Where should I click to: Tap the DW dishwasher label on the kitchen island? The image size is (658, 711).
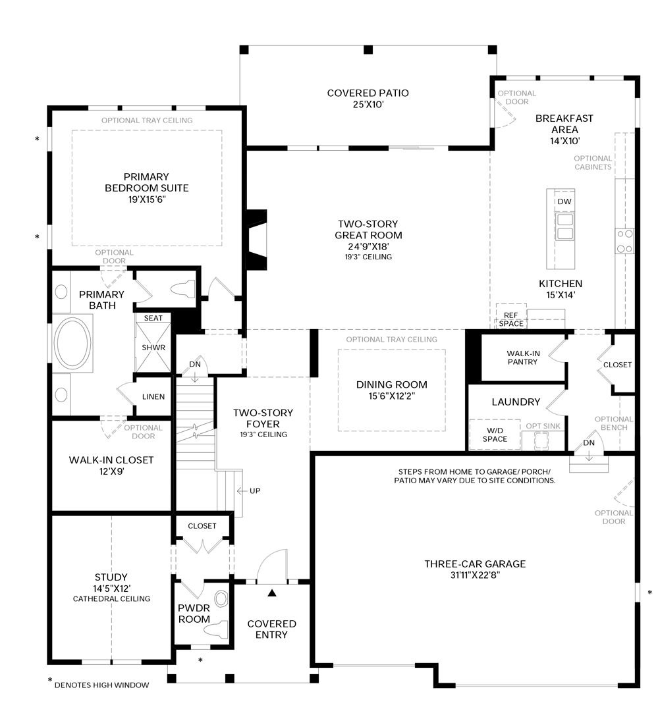click(x=564, y=201)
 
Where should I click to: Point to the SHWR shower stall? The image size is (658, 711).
click(x=153, y=348)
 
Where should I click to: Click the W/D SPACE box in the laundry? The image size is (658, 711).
click(x=495, y=434)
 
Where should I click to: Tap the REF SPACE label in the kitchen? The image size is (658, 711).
click(x=511, y=319)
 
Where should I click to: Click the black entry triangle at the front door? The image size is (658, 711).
click(x=271, y=592)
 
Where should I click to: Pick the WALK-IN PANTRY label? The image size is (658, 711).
click(x=523, y=357)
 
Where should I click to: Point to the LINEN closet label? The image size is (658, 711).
click(x=153, y=396)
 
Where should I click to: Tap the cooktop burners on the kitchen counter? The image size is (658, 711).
click(x=624, y=240)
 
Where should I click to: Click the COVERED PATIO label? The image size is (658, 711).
click(x=368, y=93)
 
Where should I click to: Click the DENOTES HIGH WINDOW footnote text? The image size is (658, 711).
click(x=101, y=685)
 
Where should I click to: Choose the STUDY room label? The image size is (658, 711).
click(x=111, y=577)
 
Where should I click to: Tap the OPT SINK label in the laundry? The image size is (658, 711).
click(x=543, y=426)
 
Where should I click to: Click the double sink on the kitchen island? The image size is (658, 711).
click(x=564, y=226)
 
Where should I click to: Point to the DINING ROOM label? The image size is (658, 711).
click(x=391, y=384)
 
